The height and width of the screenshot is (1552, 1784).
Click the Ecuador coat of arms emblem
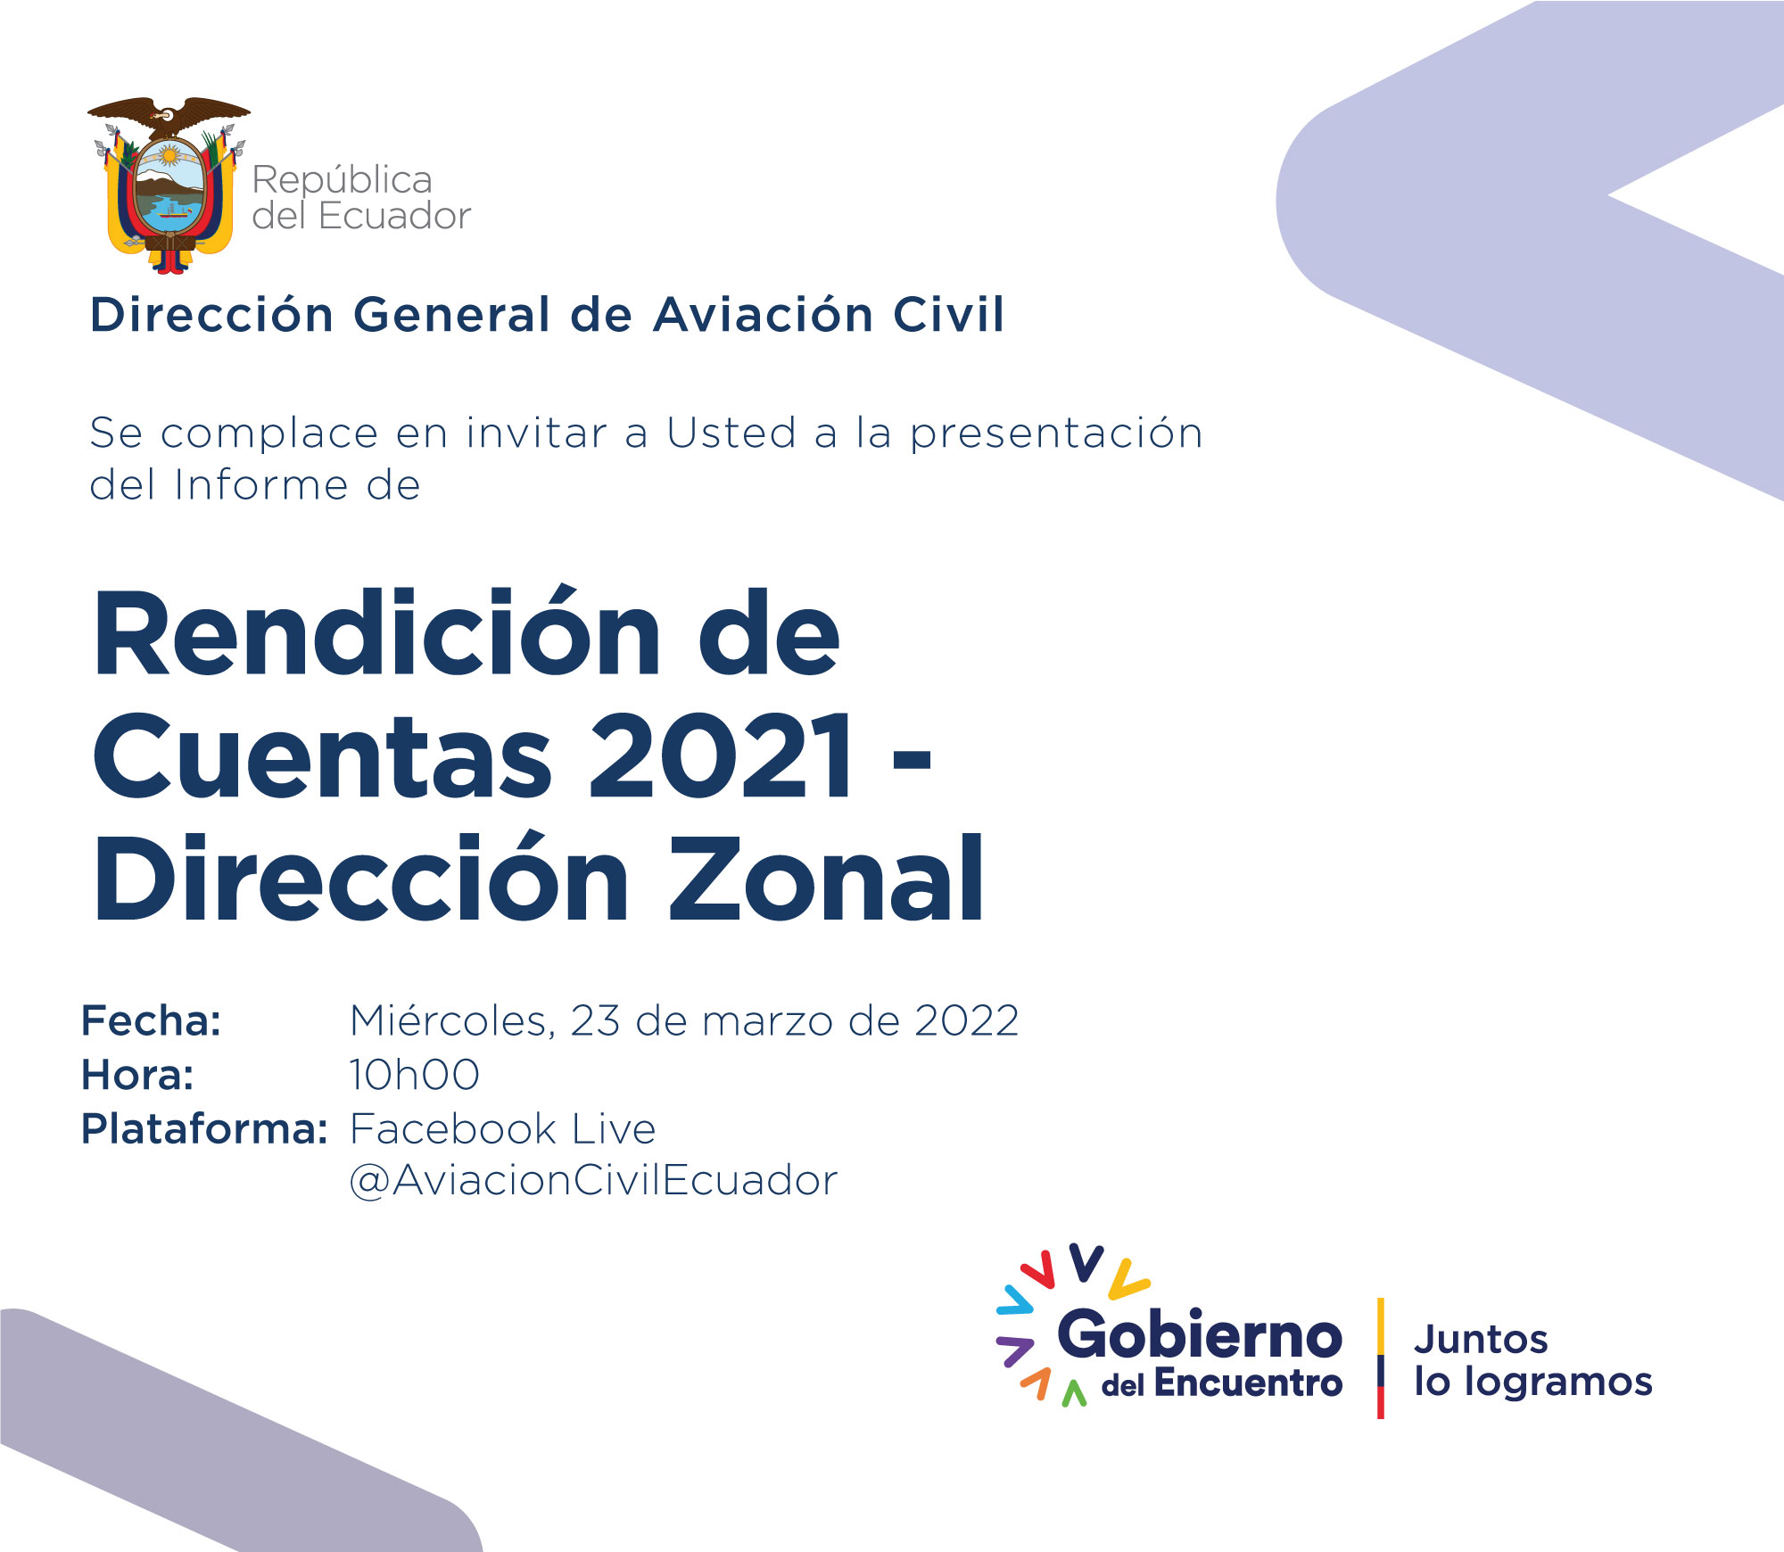(x=169, y=185)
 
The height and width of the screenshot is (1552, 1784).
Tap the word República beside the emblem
(x=343, y=181)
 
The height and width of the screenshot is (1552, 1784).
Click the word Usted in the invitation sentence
(x=731, y=433)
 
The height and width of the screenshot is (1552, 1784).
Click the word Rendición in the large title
(x=377, y=634)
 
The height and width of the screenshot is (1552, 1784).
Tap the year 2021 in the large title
(x=721, y=756)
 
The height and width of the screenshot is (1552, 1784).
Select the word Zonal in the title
(x=826, y=879)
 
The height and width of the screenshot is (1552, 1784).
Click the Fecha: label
(x=152, y=1020)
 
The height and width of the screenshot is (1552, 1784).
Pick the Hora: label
(x=137, y=1075)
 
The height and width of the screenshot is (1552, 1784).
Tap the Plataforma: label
(x=205, y=1129)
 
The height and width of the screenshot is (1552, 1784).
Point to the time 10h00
(x=414, y=1075)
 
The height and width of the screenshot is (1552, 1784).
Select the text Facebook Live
(x=503, y=1129)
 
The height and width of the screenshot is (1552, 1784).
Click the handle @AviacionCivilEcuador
(x=593, y=1181)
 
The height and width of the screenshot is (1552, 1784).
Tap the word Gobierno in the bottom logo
(x=1200, y=1335)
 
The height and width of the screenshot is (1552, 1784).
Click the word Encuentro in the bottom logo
(x=1248, y=1383)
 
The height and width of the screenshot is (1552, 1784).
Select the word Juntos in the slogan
(x=1481, y=1340)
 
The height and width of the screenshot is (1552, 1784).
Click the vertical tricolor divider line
(x=1381, y=1358)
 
